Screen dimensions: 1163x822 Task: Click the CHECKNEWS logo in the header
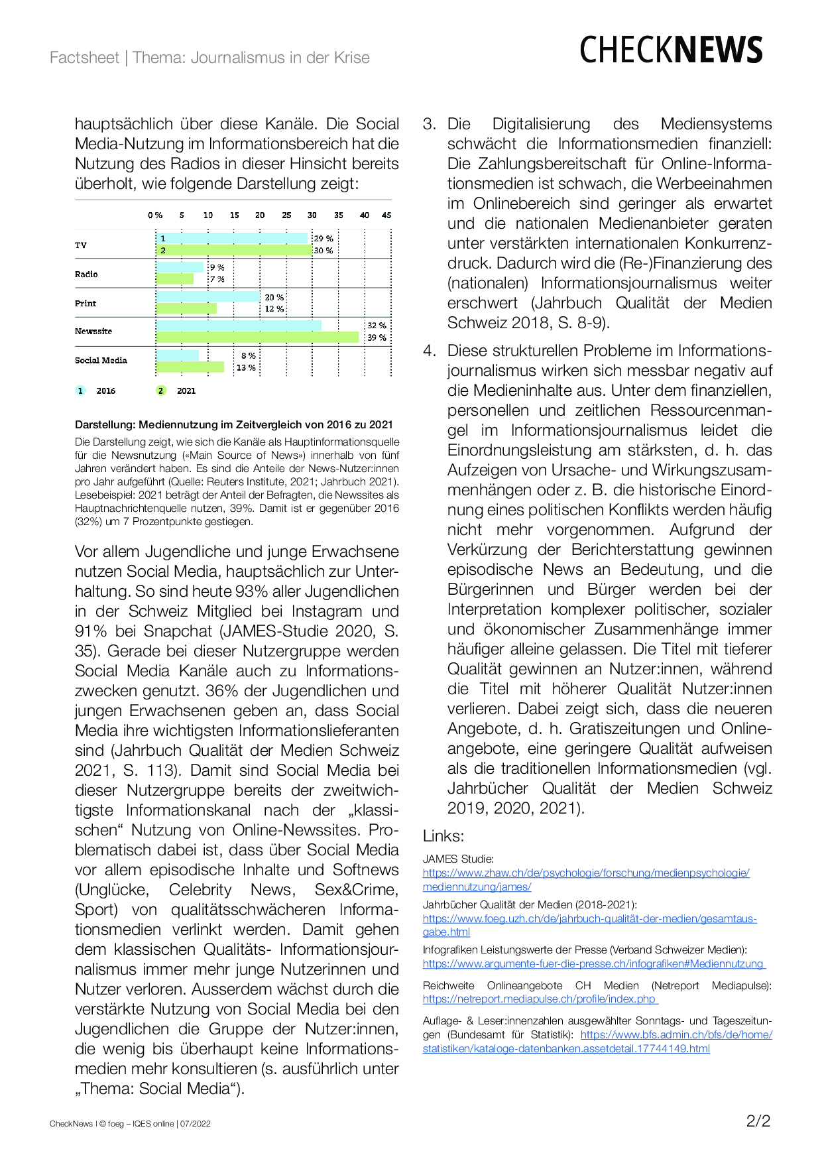pyautogui.click(x=671, y=50)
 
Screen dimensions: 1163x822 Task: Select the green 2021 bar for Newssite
pyautogui.click(x=257, y=337)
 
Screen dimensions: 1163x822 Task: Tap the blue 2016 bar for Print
pyautogui.click(x=208, y=297)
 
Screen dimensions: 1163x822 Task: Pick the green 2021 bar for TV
pyautogui.click(x=234, y=251)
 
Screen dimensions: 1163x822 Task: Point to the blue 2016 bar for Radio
pyautogui.click(x=180, y=267)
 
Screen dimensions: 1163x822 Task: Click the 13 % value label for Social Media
pyautogui.click(x=246, y=368)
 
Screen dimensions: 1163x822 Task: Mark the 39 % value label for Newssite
pyautogui.click(x=377, y=337)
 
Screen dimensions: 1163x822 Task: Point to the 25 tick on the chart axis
pyautogui.click(x=286, y=215)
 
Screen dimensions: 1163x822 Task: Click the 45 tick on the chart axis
pyautogui.click(x=386, y=215)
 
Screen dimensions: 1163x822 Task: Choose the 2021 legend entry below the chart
pyautogui.click(x=179, y=391)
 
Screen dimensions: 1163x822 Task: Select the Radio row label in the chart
pyautogui.click(x=86, y=274)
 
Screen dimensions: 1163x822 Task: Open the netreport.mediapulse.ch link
pyautogui.click(x=540, y=999)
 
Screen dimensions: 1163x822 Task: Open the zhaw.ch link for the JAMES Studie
pyautogui.click(x=586, y=880)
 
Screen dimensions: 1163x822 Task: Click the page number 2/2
pyautogui.click(x=758, y=1121)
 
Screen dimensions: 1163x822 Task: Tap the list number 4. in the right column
pyautogui.click(x=430, y=351)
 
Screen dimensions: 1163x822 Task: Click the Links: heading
pyautogui.click(x=443, y=836)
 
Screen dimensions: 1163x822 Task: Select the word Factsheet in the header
pyautogui.click(x=84, y=58)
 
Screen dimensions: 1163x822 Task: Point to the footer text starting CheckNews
pyautogui.click(x=130, y=1123)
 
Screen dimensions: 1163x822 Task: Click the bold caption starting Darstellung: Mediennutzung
pyautogui.click(x=234, y=424)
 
